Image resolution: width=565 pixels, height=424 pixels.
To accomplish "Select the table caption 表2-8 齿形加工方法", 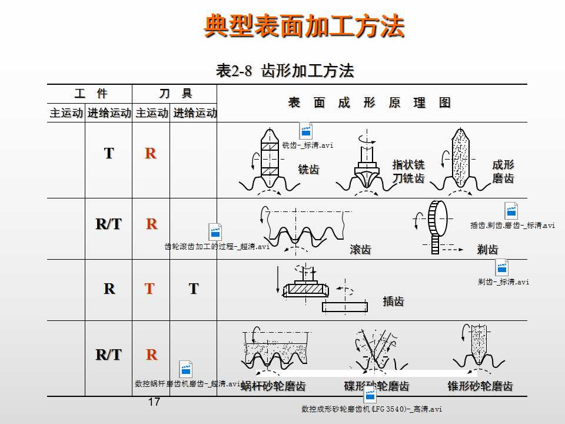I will [x=285, y=71].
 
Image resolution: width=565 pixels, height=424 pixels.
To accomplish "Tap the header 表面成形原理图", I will [x=370, y=102].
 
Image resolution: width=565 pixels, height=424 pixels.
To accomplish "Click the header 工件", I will [x=91, y=93].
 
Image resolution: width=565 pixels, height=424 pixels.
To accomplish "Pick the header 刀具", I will [x=175, y=93].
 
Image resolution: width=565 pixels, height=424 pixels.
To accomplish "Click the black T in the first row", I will [x=109, y=153].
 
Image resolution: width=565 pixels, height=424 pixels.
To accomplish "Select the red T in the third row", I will [x=150, y=289].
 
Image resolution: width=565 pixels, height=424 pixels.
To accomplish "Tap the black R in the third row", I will [x=109, y=289].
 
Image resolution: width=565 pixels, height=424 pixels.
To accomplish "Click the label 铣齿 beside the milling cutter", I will [x=308, y=170].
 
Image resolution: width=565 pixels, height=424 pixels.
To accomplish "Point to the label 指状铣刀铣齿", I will [x=408, y=171].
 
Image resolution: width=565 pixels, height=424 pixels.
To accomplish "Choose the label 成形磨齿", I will [x=503, y=171].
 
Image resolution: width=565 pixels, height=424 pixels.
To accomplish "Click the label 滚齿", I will [x=360, y=250].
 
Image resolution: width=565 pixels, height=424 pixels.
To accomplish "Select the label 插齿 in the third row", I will [x=393, y=302].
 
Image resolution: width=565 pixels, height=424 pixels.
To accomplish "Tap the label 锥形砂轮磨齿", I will [x=480, y=386].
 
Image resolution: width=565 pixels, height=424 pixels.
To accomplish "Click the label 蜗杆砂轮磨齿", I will [x=273, y=386].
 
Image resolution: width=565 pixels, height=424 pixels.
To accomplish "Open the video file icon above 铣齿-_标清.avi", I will [x=306, y=131].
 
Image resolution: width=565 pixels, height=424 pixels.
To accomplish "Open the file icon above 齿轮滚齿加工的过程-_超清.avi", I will [x=216, y=232].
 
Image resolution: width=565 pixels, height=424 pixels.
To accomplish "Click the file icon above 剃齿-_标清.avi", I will [x=501, y=268].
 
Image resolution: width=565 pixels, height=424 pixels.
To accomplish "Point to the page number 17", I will [x=154, y=402].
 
